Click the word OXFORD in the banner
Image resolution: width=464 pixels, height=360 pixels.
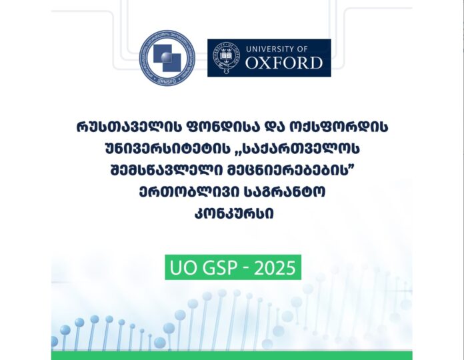point(284,63)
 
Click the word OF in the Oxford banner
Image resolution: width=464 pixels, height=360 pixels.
point(303,49)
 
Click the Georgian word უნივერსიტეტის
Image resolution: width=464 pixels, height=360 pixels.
point(167,149)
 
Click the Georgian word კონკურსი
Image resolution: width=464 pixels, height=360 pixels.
point(234,213)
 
